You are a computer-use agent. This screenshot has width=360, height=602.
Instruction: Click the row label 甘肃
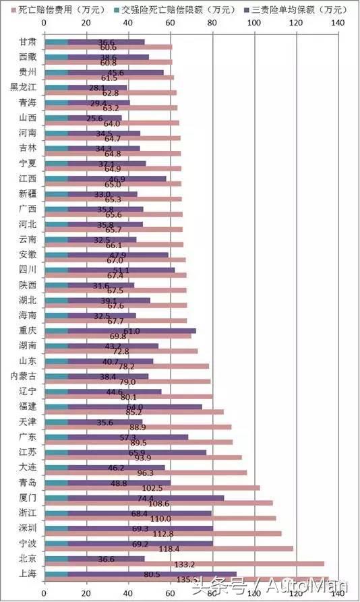pyautogui.click(x=28, y=42)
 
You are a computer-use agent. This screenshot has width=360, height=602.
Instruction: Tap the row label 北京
pyautogui.click(x=28, y=558)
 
